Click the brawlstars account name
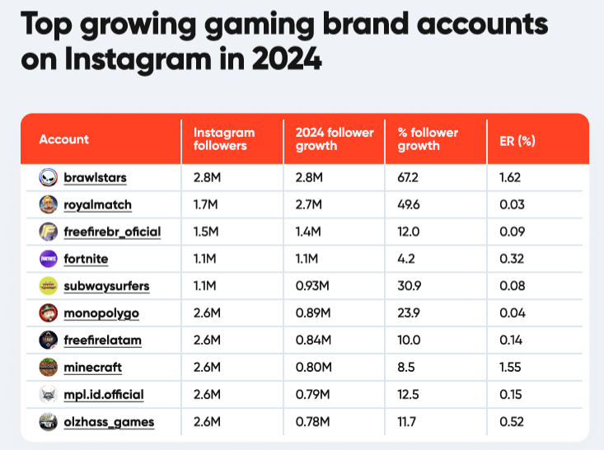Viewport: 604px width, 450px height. (95, 177)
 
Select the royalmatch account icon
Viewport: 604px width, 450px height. (49, 204)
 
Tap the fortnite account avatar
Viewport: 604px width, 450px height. (49, 259)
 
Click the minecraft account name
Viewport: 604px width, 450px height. (92, 368)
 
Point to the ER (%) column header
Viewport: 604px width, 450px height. (517, 140)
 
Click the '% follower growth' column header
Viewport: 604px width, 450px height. (428, 139)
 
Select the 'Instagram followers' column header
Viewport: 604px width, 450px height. (224, 139)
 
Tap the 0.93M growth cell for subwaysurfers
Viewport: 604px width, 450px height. (312, 286)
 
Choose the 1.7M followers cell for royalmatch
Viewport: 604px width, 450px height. (206, 204)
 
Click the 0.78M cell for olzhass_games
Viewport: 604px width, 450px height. (312, 422)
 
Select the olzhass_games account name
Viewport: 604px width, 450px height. (108, 422)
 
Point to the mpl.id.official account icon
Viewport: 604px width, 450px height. (49, 395)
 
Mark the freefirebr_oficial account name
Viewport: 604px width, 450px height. (112, 232)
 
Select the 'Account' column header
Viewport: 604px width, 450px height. (64, 140)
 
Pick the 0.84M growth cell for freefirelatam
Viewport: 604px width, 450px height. (312, 340)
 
